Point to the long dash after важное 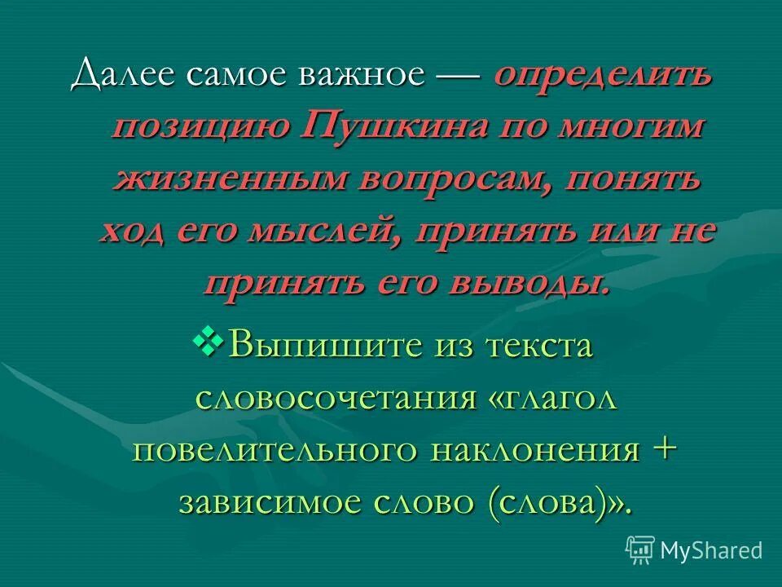pyautogui.click(x=460, y=77)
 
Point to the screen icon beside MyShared pyautogui.click(x=641, y=550)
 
